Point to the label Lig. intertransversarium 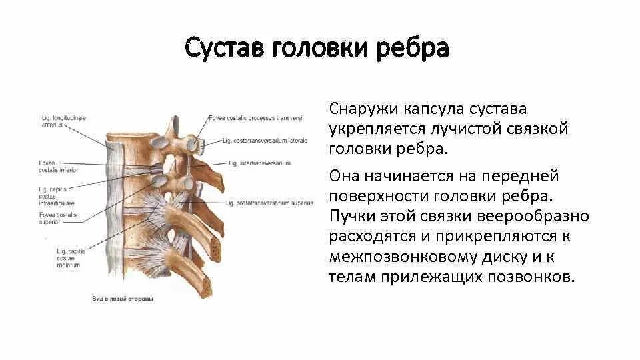point(257,163)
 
